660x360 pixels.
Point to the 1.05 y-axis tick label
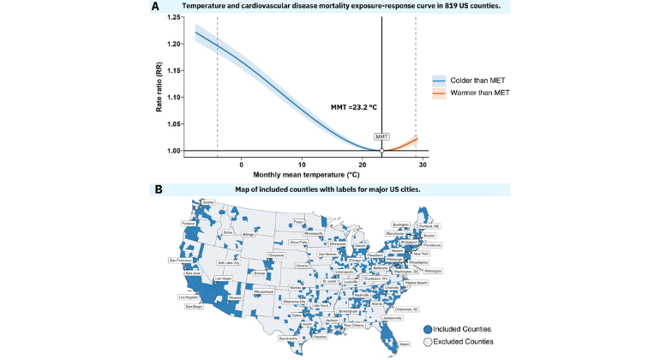point(172,124)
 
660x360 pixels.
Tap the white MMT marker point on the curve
point(381,151)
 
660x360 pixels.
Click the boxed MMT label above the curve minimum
point(381,137)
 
